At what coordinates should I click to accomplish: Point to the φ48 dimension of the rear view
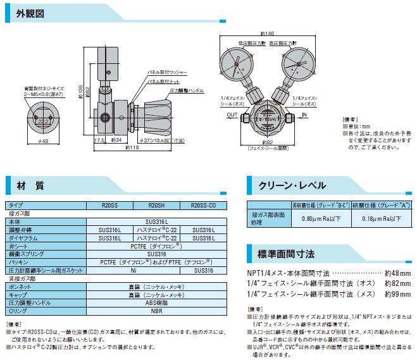[x=44, y=140]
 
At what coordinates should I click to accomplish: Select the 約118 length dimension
[x=130, y=147]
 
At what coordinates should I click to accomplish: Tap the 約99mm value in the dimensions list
[x=398, y=294]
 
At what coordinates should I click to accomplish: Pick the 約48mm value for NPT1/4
[x=398, y=273]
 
